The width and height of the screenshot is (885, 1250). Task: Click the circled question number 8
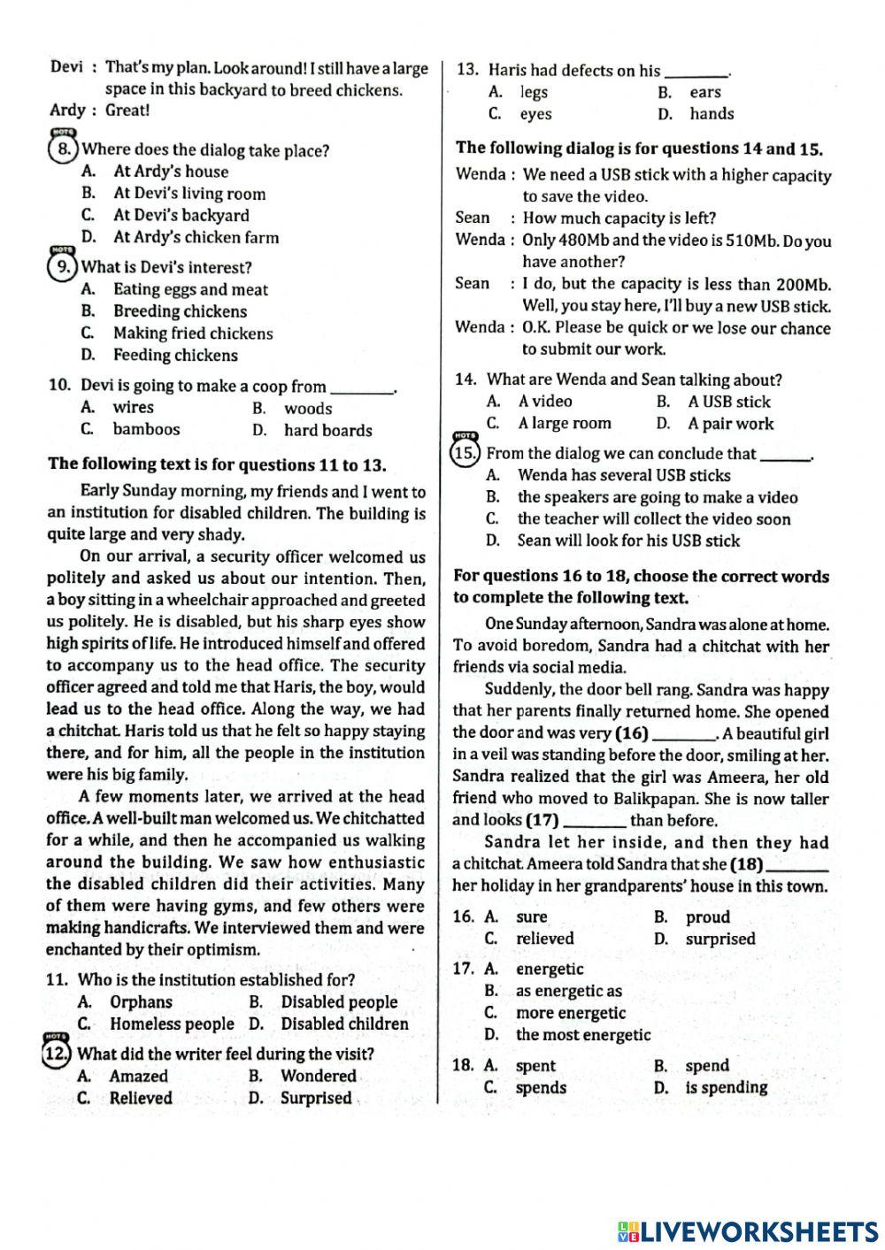point(64,150)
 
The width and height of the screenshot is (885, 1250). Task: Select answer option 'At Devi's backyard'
point(181,215)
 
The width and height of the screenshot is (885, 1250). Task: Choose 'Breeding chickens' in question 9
point(180,311)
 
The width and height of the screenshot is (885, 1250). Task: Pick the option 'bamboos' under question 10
point(146,429)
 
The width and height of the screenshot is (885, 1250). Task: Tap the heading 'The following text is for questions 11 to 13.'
point(217,464)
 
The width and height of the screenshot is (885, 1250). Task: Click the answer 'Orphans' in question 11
point(141,1001)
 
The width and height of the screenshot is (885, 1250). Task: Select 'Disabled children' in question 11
point(344,1024)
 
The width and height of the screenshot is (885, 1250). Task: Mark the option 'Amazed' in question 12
point(138,1076)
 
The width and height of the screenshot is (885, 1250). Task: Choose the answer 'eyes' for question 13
point(535,113)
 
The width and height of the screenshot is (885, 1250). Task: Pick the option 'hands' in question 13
point(712,113)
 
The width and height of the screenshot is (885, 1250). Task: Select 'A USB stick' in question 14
point(729,402)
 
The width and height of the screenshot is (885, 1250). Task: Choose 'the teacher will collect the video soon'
point(653,519)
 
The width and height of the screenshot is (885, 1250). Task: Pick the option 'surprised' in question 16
point(720,939)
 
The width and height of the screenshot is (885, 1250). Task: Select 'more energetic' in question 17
point(570,1013)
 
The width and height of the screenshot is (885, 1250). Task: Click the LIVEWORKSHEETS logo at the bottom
point(747,1231)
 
